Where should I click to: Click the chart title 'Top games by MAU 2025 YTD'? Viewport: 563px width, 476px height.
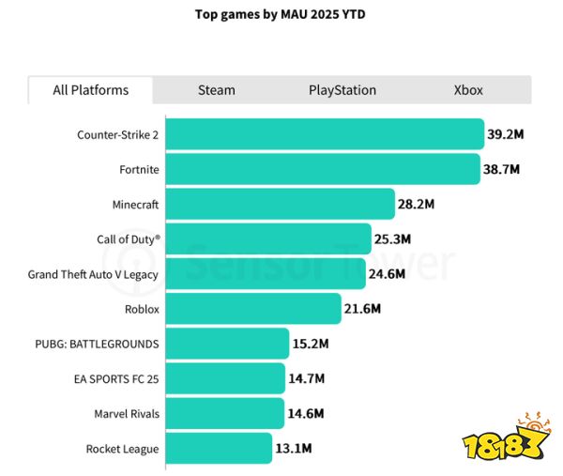tap(281, 15)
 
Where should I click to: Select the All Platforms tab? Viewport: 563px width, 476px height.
tap(91, 90)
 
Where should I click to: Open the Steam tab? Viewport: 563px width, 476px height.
tap(217, 90)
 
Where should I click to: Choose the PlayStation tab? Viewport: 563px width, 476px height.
tap(342, 90)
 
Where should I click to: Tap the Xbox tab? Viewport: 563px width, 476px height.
tap(468, 90)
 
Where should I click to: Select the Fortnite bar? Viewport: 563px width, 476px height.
tap(324, 170)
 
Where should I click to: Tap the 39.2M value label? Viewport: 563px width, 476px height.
tap(506, 134)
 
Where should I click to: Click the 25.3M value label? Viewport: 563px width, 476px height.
tap(393, 239)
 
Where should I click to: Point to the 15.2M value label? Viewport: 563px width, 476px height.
tap(311, 344)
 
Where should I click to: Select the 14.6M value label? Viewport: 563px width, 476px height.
tap(306, 413)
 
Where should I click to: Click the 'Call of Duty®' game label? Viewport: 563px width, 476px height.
tap(129, 239)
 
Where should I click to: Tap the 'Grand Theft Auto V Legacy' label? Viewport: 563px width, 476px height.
tap(93, 274)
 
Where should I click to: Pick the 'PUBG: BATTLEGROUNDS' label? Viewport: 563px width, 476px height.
tap(97, 344)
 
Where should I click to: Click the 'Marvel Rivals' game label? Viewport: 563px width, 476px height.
tap(127, 413)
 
